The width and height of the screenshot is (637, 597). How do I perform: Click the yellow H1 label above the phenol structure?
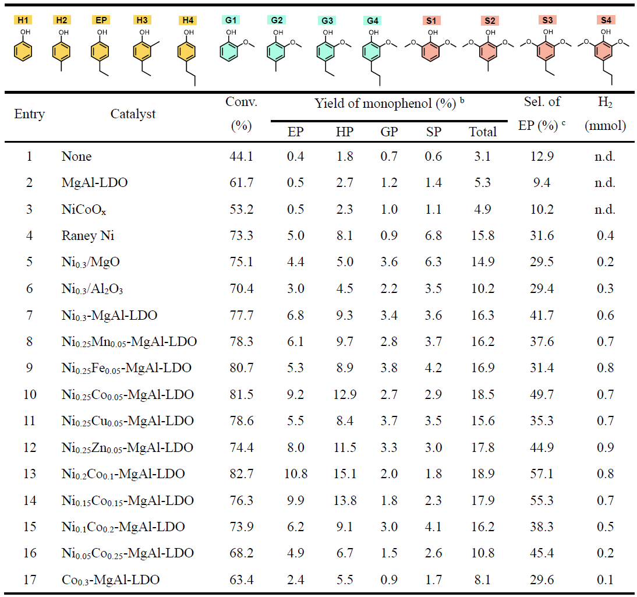coord(23,20)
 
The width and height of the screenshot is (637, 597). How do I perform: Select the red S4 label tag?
coord(606,20)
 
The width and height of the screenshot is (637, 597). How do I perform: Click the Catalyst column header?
coord(133,114)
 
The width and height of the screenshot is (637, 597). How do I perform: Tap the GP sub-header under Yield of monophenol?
coord(389,132)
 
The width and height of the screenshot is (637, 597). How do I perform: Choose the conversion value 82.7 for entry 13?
coord(241,474)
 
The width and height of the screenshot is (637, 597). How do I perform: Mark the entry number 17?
coord(29,580)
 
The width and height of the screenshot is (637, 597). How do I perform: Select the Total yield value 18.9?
coord(483,474)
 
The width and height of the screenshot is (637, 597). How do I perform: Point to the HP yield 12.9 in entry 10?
coord(345,395)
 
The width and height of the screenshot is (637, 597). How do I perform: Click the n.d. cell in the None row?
coord(605,157)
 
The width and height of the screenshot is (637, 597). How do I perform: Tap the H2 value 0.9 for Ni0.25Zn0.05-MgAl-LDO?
coord(605,448)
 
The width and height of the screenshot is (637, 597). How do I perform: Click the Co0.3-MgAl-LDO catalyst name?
coord(111,580)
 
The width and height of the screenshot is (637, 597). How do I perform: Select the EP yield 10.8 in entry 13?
coord(296,474)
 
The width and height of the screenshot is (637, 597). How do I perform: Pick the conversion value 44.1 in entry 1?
coord(241,157)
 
